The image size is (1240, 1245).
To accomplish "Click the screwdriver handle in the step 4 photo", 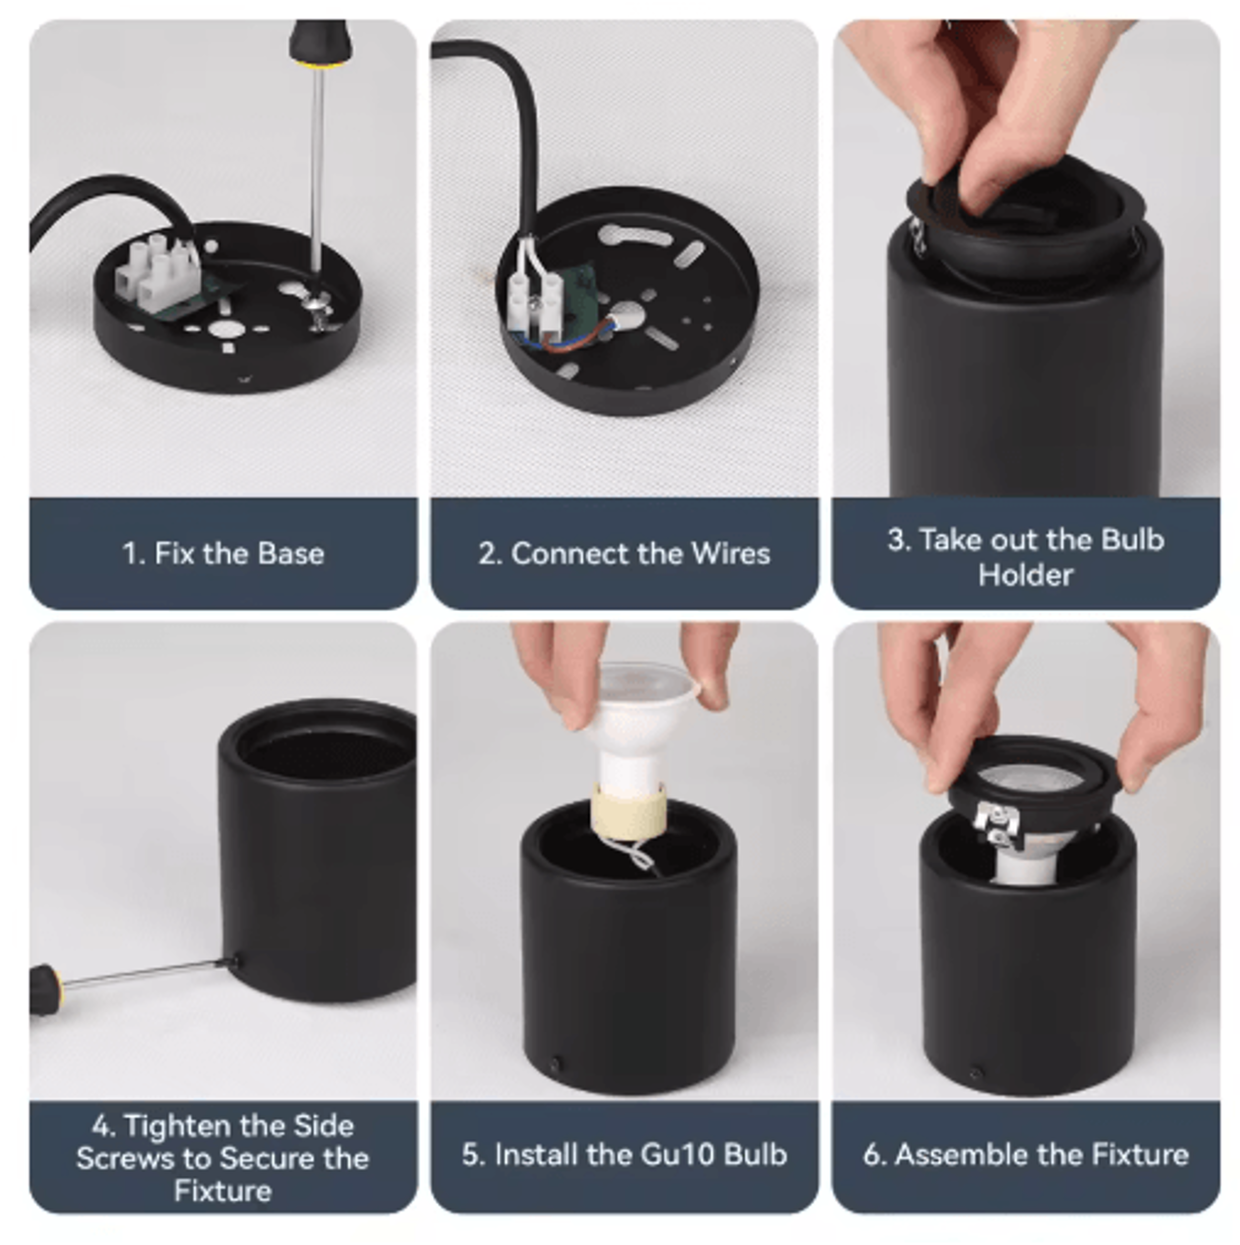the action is coord(46,989).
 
